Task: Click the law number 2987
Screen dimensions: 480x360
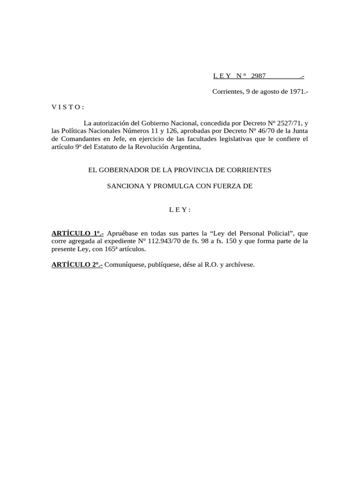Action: click(259, 76)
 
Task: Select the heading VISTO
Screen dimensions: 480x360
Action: click(67, 107)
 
